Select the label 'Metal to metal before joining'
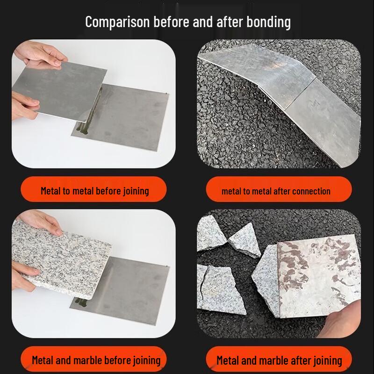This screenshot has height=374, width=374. (94, 190)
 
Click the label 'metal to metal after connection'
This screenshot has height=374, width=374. (276, 191)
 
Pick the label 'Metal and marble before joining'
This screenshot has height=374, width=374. (96, 360)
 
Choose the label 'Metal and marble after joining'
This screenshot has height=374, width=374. (279, 360)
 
